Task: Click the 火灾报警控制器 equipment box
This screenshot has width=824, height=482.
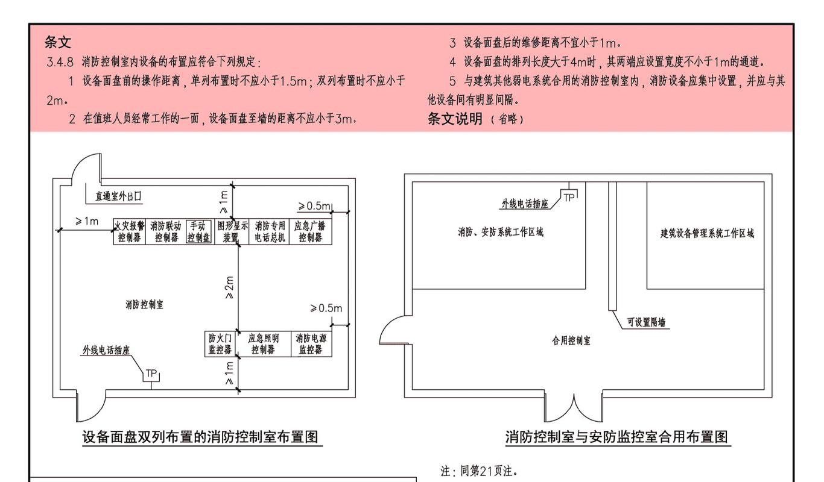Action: click(x=130, y=231)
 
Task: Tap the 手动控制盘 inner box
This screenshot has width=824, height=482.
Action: click(x=198, y=231)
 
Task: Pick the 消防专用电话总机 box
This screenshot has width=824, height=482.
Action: click(x=269, y=231)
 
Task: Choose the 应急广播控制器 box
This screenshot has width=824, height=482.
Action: click(x=311, y=231)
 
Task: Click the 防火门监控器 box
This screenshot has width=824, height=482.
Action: click(x=220, y=344)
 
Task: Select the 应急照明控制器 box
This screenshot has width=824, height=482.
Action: click(x=264, y=344)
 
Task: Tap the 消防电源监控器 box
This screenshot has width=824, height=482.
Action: click(x=311, y=344)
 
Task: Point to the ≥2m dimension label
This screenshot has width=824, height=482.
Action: click(x=229, y=287)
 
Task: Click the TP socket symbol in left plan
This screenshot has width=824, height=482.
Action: click(x=151, y=375)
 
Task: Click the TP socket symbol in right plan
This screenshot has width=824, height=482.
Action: click(x=569, y=196)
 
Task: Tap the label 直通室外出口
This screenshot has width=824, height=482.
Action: click(x=118, y=196)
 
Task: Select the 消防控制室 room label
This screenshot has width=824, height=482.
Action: click(x=144, y=304)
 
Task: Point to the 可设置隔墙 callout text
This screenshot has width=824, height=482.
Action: click(x=646, y=322)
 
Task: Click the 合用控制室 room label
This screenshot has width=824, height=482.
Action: click(x=571, y=340)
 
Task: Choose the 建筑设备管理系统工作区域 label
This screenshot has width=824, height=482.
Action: click(x=707, y=233)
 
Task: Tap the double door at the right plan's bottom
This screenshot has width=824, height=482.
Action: click(x=574, y=408)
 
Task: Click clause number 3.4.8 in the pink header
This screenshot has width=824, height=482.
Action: click(x=60, y=61)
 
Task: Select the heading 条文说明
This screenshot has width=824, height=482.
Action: click(x=455, y=119)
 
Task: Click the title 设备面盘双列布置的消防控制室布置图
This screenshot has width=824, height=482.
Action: click(x=200, y=437)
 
